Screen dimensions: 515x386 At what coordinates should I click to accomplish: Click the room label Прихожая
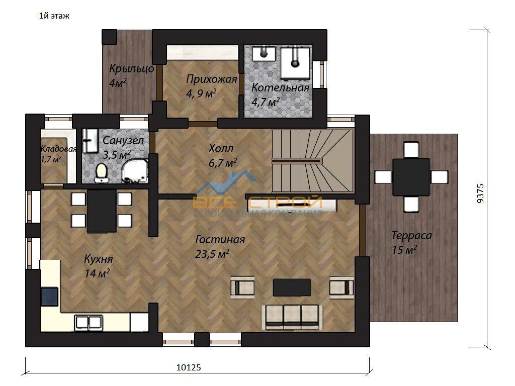(212, 79)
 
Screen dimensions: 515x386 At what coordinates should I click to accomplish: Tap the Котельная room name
(280, 87)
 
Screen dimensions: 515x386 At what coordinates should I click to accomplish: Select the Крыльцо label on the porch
(131, 68)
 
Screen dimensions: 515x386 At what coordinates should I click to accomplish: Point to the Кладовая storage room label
(58, 149)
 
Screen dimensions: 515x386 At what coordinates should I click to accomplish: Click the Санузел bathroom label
(123, 141)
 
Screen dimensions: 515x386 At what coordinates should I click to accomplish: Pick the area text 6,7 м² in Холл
(223, 162)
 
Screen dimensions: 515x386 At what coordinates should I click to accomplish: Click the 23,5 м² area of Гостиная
(212, 254)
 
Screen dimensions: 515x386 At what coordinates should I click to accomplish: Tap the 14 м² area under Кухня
(97, 273)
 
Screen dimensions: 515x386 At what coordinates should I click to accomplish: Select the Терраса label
(411, 235)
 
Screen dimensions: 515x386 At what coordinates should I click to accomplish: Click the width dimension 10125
(189, 367)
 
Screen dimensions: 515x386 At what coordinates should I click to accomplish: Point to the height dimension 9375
(480, 194)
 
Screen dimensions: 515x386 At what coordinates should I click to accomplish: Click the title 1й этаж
(54, 16)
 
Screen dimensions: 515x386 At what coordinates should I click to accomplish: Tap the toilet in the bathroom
(101, 173)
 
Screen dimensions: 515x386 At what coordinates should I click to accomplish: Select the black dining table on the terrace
(411, 177)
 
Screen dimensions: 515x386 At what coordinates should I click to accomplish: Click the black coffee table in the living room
(292, 287)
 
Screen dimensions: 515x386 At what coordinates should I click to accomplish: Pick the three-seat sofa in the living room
(292, 317)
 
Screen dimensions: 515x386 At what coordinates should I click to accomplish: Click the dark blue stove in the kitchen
(50, 297)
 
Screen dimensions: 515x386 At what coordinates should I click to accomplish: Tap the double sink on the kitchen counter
(88, 323)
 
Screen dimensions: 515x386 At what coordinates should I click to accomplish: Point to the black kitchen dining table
(102, 212)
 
